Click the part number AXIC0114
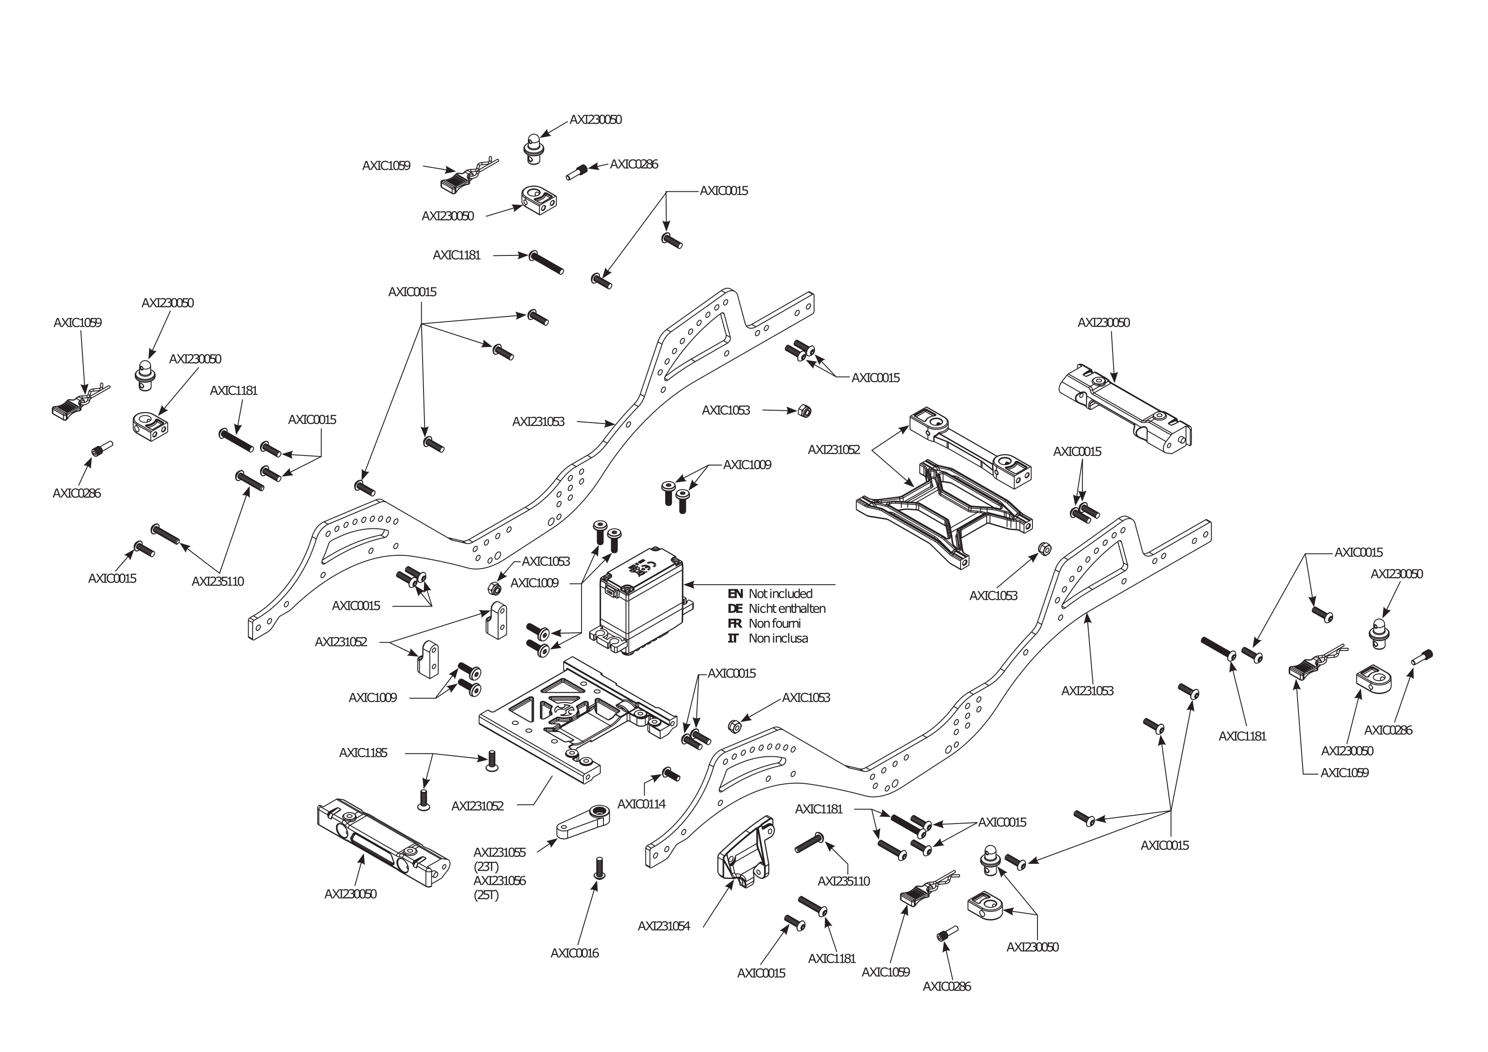[641, 804]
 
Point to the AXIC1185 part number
[363, 753]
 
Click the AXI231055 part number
[499, 852]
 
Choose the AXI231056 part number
[499, 881]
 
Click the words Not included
[780, 594]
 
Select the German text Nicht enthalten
[787, 609]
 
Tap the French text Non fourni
[775, 624]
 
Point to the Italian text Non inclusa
[778, 639]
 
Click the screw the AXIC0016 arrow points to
[599, 868]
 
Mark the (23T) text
[486, 867]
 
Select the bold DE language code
[735, 609]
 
